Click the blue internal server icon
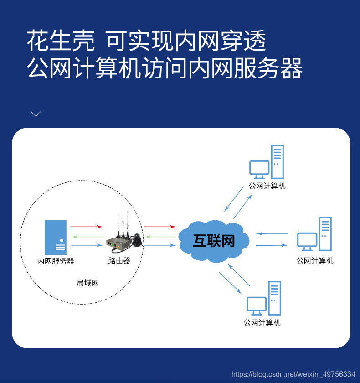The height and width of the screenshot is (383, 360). coord(56,237)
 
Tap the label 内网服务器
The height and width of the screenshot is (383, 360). coord(56,261)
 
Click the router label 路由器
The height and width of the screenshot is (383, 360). coord(119,261)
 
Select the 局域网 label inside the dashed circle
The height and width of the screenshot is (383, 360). coord(87,283)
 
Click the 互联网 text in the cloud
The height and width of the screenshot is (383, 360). coord(214,241)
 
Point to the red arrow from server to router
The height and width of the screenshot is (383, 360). coord(87,227)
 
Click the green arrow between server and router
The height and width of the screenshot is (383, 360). coord(87,237)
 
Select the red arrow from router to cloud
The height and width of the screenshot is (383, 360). coord(160,227)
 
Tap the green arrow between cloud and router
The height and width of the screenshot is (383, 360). coord(160,237)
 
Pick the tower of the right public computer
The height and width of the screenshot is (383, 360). coord(325,233)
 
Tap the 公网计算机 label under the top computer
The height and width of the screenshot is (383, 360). coord(267,186)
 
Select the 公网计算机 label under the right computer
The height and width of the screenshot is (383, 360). coord(315,261)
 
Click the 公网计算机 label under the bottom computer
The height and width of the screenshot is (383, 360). coord(262,323)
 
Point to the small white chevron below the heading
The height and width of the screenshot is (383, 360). coord(36,114)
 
